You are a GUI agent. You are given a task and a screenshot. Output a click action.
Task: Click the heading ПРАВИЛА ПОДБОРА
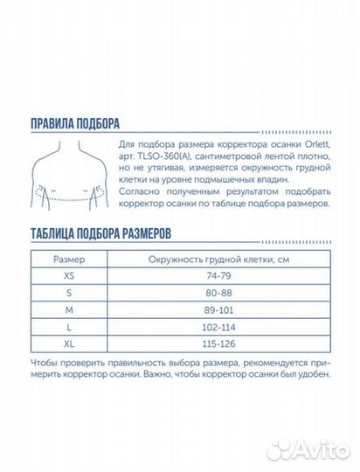click(74, 123)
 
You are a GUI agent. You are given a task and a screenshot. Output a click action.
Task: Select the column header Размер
click(70, 260)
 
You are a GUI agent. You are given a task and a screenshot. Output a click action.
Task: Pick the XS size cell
click(70, 276)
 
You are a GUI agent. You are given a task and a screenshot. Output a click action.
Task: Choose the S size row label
click(70, 293)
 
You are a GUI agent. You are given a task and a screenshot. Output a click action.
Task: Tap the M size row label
click(70, 309)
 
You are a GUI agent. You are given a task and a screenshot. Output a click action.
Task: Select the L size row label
click(70, 326)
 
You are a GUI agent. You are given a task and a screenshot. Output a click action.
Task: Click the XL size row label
click(70, 343)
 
